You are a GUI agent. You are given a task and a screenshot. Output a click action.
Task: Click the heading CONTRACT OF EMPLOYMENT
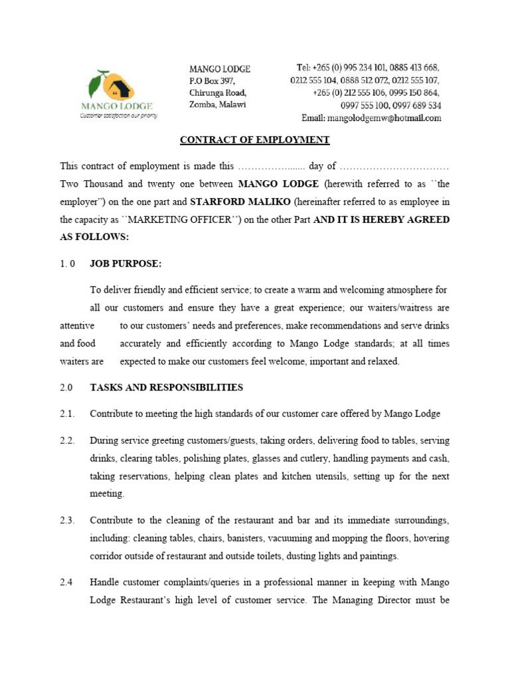click(x=255, y=140)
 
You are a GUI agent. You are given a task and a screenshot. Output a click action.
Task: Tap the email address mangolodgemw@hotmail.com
click(x=371, y=118)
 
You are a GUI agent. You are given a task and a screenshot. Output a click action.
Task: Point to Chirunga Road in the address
click(x=218, y=92)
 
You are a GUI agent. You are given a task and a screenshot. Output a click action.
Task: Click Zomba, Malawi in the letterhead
click(x=217, y=105)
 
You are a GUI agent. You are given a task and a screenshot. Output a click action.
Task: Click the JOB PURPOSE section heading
click(x=126, y=264)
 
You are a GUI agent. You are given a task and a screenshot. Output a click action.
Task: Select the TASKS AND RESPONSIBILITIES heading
click(x=166, y=388)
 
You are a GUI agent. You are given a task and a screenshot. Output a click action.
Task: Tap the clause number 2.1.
click(x=66, y=414)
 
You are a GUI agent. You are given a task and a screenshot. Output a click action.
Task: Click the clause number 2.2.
click(x=66, y=441)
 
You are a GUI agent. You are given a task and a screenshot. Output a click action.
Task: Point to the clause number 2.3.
click(x=66, y=520)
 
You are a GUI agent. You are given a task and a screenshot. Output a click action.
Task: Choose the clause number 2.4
click(x=66, y=583)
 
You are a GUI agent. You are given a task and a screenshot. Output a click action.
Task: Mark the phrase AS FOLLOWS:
click(x=94, y=237)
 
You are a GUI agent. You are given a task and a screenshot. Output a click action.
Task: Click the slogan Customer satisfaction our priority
click(x=118, y=115)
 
